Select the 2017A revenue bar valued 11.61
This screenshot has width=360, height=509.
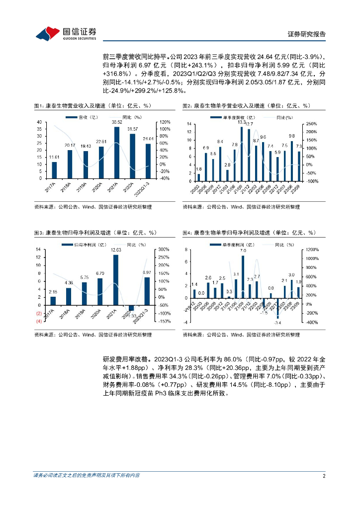tap(54, 170)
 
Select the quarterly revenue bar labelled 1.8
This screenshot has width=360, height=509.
tap(198, 177)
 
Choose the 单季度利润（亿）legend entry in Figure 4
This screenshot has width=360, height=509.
tap(230, 246)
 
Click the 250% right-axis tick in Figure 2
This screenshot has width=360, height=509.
tap(309, 124)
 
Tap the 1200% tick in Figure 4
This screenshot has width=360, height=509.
tap(312, 250)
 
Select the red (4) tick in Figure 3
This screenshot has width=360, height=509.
tap(38, 322)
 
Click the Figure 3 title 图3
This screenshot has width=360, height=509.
tap(39, 233)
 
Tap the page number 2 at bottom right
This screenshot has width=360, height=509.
tap(324, 476)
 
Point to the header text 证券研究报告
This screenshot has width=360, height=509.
tap(307, 34)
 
